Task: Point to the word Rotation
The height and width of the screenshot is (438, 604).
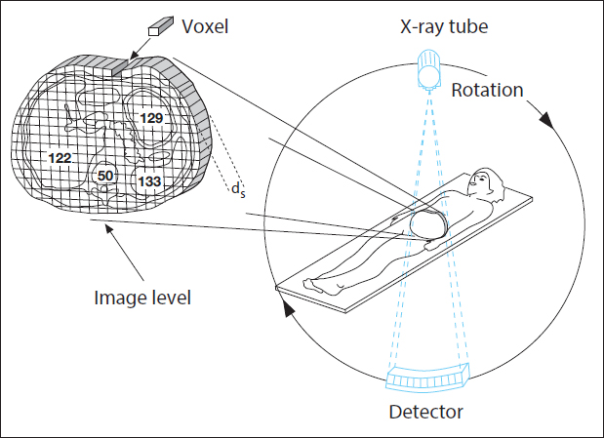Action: click(487, 91)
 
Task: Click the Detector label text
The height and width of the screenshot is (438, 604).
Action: click(426, 411)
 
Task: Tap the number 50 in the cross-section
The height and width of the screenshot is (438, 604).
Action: click(105, 176)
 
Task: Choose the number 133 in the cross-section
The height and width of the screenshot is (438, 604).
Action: click(149, 180)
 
